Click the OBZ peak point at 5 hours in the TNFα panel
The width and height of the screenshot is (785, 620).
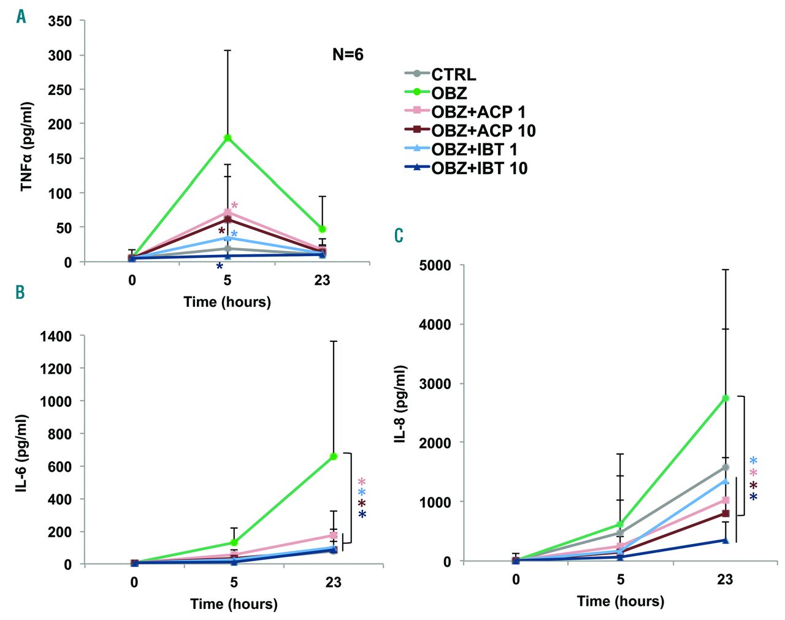coord(228,137)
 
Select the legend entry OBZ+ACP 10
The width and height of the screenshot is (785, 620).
coord(483,130)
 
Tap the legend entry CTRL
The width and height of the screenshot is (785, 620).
coord(453,75)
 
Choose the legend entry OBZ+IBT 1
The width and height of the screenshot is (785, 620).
coord(474,149)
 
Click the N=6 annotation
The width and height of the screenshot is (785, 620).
coord(348,55)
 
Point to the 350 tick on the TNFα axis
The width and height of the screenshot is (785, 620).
coord(60,21)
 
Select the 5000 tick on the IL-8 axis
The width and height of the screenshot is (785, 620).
coord(435,265)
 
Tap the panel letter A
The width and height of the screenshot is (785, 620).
coord(21,17)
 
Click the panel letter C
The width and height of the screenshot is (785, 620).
coord(399,236)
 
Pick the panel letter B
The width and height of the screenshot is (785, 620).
coord(20,292)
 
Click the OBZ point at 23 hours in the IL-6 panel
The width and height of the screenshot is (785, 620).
coord(334,456)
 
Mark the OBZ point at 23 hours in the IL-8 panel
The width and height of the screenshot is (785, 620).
coord(726,398)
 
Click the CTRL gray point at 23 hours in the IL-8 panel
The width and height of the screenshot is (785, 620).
coord(726,467)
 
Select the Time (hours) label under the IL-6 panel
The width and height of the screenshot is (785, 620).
coord(234,604)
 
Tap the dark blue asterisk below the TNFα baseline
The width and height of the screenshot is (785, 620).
coord(219,267)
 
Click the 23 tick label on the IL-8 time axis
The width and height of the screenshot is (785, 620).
coord(725,580)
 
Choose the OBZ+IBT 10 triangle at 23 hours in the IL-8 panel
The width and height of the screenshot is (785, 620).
coord(726,540)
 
